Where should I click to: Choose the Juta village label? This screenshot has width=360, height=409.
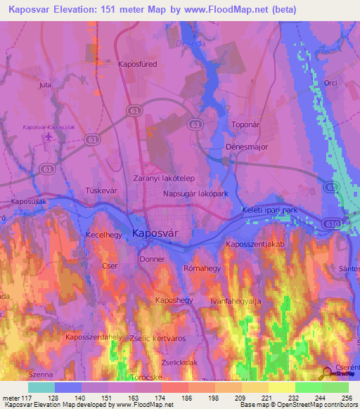(46, 85)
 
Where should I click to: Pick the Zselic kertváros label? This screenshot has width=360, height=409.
(160, 338)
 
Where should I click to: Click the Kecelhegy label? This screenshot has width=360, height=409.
(104, 235)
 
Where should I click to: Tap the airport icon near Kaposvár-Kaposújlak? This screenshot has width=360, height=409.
(46, 136)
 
